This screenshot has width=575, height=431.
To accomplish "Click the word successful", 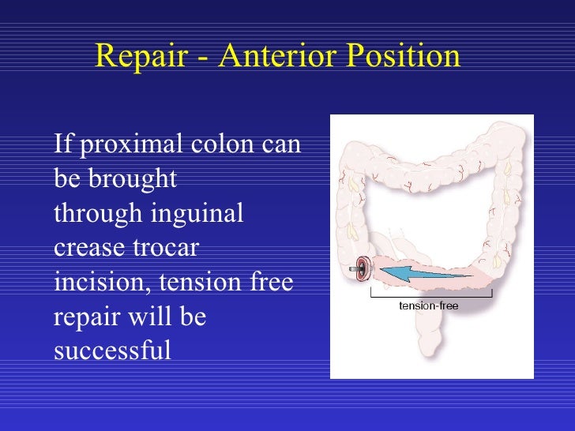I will (x=111, y=350).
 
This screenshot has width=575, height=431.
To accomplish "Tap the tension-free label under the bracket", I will (x=428, y=305).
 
